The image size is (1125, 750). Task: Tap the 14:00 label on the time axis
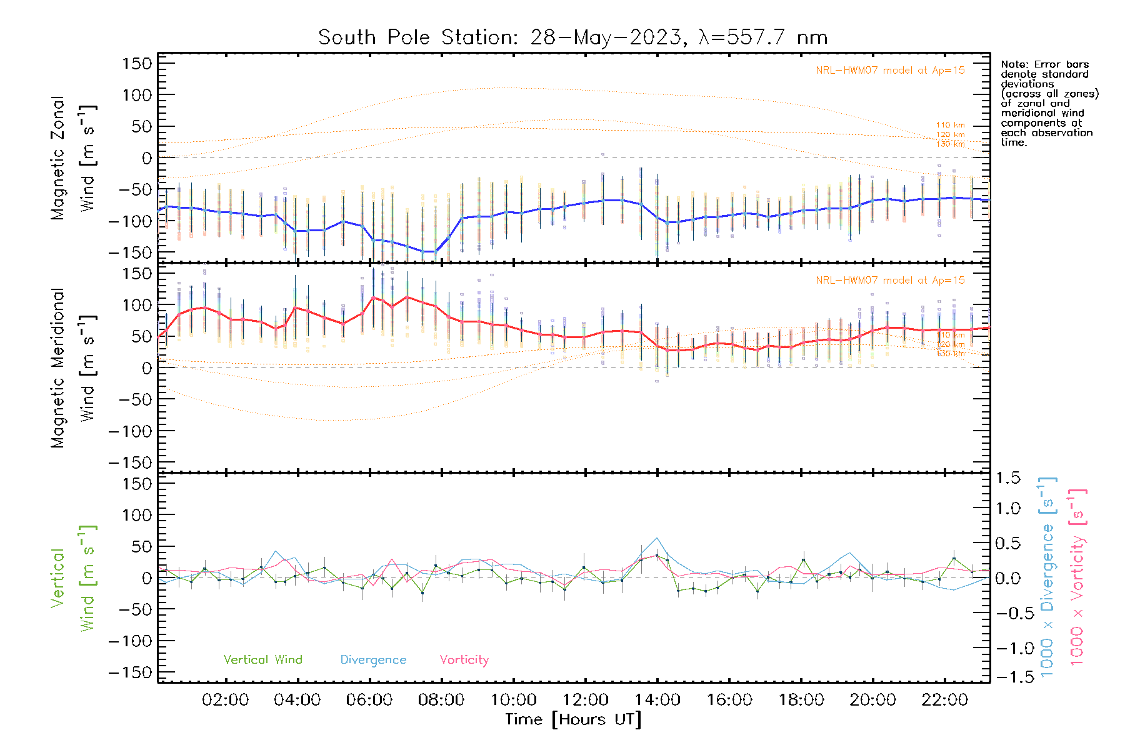[657, 700]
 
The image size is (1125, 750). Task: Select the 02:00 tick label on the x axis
[225, 700]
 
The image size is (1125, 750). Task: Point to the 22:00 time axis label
[944, 700]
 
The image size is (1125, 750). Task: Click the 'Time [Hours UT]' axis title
[573, 720]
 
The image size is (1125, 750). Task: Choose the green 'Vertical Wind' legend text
[262, 660]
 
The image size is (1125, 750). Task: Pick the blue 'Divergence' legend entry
[373, 660]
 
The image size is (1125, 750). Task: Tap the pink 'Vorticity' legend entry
[464, 660]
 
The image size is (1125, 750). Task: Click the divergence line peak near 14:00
[657, 538]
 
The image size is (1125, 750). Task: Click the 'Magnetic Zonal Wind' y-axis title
[74, 157]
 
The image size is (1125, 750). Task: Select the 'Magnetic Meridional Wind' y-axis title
[74, 367]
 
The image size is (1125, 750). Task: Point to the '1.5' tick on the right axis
[1007, 478]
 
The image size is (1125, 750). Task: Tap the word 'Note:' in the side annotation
[1014, 64]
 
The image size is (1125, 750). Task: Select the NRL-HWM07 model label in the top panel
[890, 71]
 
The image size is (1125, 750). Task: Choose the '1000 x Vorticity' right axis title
[1077, 577]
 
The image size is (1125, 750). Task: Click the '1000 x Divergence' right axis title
[1047, 577]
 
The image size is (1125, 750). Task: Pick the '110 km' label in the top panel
[950, 125]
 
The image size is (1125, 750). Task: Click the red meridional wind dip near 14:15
[667, 350]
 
